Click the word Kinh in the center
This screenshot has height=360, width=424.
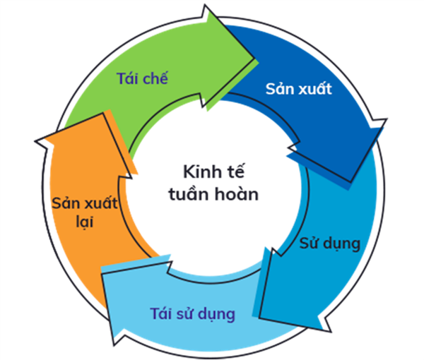199,172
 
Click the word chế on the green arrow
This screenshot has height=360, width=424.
155,78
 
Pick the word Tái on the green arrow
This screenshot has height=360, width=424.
128,78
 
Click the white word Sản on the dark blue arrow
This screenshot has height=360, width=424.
278,88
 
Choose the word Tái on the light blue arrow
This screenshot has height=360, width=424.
161,313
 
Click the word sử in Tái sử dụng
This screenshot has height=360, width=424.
185,314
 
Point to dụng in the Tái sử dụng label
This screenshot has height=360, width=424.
217,315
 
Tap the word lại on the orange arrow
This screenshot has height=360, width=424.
85,222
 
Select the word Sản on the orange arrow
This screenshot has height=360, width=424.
64,203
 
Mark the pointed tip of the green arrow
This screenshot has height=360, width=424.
254,57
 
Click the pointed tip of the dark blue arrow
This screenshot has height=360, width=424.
351,181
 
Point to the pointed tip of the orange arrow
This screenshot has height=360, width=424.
35,141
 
